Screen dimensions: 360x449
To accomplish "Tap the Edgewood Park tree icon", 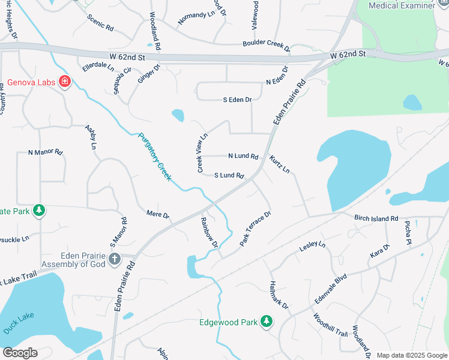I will click(265, 322).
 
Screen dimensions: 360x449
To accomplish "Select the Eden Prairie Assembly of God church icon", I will click(115, 259).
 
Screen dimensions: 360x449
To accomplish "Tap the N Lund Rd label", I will click(243, 156).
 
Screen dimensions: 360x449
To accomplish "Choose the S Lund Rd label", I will click(229, 176).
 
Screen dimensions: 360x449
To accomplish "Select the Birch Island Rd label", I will click(376, 218).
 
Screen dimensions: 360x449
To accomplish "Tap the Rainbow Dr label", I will click(209, 232).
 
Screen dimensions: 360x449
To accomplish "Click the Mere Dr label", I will click(158, 214).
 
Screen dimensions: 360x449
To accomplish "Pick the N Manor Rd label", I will click(46, 152).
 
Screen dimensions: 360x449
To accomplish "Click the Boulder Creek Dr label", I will click(266, 44).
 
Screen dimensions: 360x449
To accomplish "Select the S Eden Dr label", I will click(237, 100).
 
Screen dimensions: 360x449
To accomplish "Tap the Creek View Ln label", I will click(202, 153).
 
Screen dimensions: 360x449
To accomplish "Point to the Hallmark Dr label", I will click(279, 298).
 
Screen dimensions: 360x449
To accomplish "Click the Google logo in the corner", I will click(20, 353).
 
